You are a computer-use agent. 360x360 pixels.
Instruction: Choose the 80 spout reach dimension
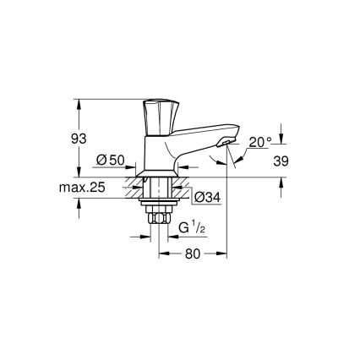click(195, 253)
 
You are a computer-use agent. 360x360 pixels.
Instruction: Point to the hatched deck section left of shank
click(135, 188)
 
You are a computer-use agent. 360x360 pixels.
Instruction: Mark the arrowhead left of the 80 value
click(165, 254)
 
